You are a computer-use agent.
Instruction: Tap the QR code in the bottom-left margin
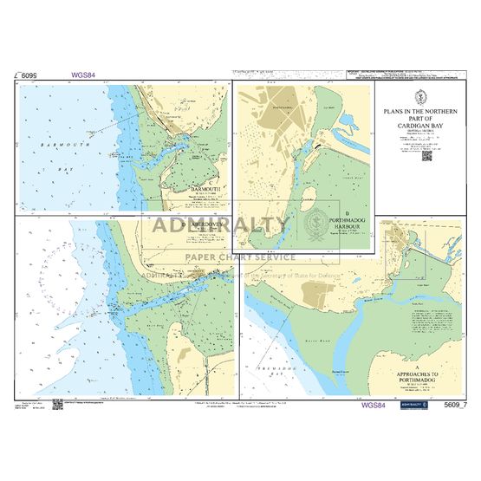[x=54, y=404]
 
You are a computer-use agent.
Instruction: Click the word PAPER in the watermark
[x=199, y=257]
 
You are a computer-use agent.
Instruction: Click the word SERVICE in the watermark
[x=275, y=257]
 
